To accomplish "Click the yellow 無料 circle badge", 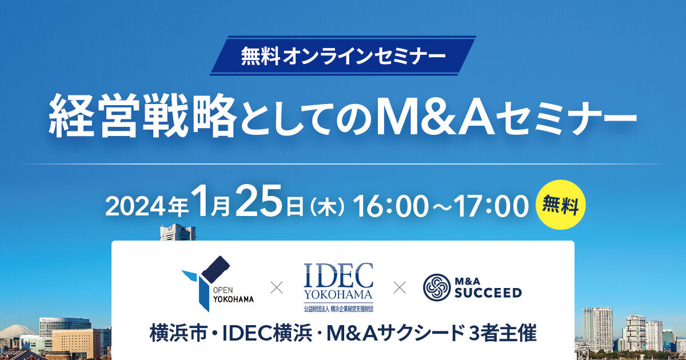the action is (560, 205).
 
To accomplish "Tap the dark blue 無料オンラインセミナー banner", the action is (342, 56).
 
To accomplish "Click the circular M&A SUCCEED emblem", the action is (437, 287).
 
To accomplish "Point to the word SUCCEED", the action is (488, 293).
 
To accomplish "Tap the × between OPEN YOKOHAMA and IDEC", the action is (277, 288).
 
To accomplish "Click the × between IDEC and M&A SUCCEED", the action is (400, 288).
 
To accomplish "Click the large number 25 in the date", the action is (258, 201).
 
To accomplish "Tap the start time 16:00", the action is (389, 206).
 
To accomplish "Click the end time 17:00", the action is (491, 206).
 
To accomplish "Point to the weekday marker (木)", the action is (327, 207).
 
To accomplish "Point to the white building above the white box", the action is (178, 232).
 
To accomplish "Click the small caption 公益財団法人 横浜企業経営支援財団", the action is (338, 309).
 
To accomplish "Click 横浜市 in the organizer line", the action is (178, 334).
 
